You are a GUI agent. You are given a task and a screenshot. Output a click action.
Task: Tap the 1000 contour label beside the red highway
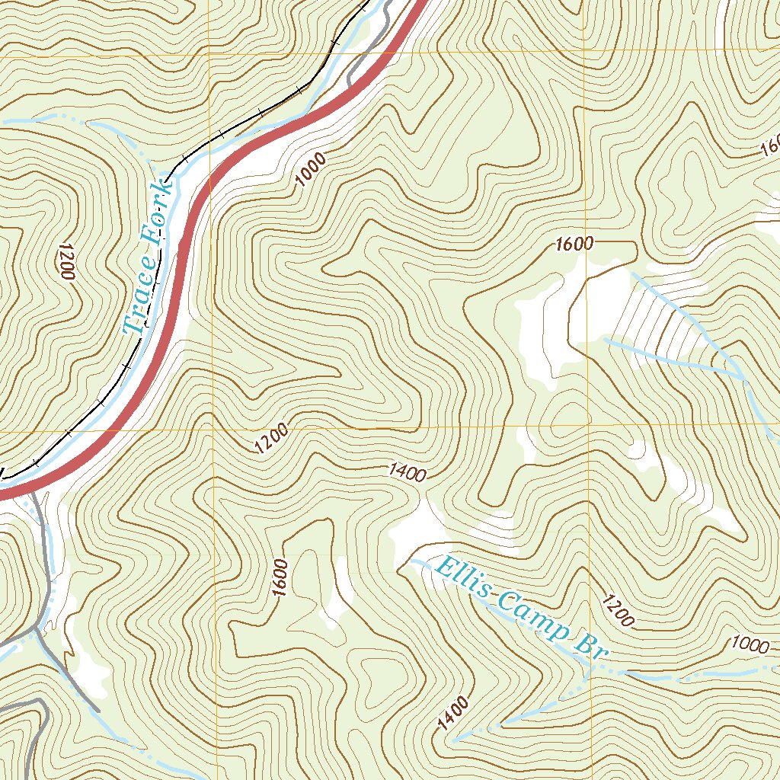[x=311, y=170]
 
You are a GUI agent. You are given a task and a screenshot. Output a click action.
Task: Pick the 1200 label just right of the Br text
[x=617, y=611]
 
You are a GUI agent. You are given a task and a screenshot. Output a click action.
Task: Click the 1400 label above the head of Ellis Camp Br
[x=407, y=472]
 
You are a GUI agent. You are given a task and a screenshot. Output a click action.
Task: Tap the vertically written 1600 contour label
[x=280, y=578]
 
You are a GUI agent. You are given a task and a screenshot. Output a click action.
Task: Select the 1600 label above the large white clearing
[x=574, y=245]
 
